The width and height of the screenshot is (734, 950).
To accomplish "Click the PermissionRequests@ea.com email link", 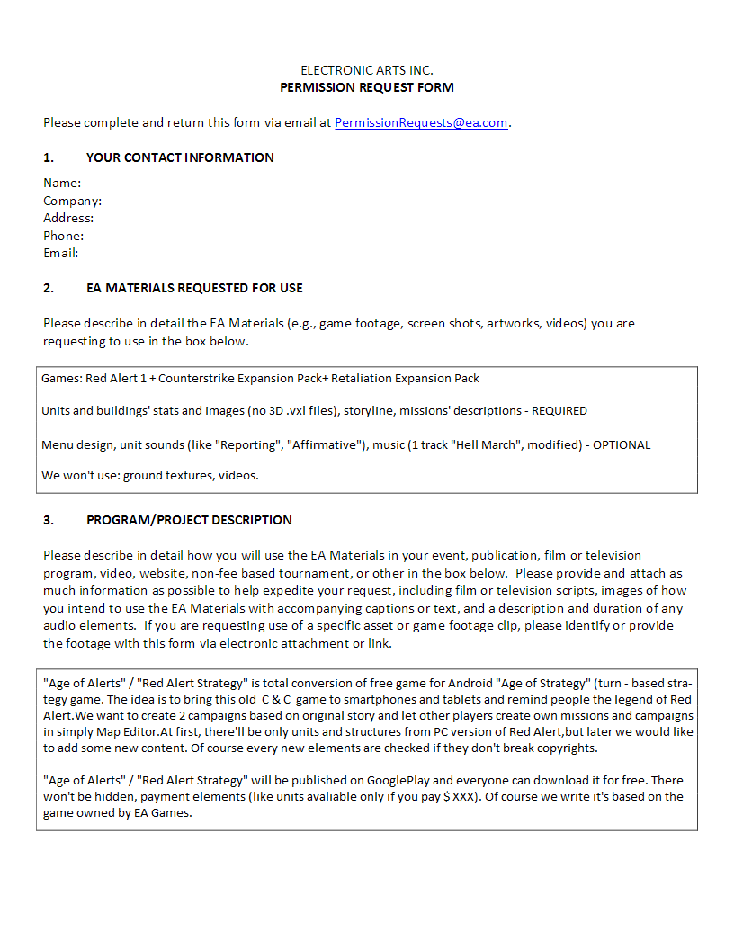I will coord(421,123).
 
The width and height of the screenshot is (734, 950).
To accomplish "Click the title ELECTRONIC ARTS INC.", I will coord(367,70).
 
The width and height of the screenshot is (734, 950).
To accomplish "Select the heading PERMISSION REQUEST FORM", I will coord(367,87).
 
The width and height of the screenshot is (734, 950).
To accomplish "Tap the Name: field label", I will coord(62,184).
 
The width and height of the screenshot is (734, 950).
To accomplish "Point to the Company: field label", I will coord(72,201).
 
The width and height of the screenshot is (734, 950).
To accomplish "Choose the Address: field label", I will coord(68,218).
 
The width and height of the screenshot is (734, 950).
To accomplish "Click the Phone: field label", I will coord(64,236).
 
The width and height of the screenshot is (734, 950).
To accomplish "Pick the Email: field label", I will coord(61,253).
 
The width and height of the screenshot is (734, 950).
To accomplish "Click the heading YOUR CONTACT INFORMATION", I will coord(180,157).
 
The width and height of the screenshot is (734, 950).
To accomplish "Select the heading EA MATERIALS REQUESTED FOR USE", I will coord(194,288).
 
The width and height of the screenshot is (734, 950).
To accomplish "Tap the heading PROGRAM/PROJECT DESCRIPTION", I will coord(189,520).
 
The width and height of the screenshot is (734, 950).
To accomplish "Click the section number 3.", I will coord(49,520).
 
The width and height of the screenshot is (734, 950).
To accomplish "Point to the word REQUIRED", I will coord(559,411).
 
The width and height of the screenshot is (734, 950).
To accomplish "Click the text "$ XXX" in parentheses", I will coord(460,796).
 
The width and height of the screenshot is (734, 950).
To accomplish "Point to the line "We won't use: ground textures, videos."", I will coord(150,475).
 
